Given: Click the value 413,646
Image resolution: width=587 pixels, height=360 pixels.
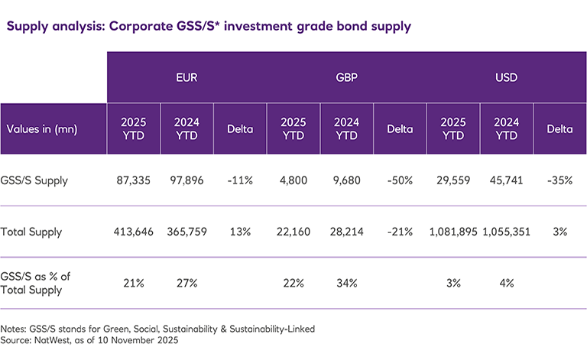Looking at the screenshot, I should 134,231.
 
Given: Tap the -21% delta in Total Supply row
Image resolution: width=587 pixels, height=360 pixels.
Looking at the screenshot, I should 400,231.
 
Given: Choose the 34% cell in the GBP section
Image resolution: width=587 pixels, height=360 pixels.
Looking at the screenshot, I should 346,283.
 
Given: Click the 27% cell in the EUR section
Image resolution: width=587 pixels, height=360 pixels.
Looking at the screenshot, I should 186,283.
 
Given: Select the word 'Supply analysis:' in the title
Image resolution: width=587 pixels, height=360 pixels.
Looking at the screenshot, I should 56,26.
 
